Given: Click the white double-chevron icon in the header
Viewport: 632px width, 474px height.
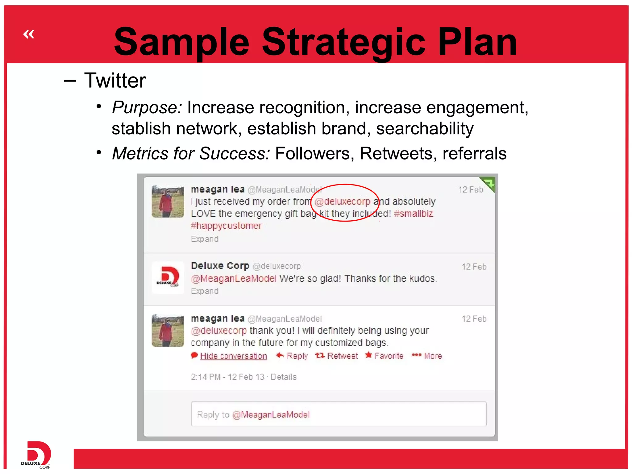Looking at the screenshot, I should tap(29, 34).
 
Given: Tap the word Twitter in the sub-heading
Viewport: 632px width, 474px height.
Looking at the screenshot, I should tap(115, 81).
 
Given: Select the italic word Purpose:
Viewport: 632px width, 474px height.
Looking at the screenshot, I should tap(147, 108).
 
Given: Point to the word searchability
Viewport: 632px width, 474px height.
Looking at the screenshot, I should tap(425, 128).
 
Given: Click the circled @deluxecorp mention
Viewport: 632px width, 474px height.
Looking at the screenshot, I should tap(343, 202).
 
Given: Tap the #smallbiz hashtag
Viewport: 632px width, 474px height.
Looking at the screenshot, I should tap(414, 214).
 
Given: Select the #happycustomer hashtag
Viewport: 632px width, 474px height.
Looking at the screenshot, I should tap(226, 226).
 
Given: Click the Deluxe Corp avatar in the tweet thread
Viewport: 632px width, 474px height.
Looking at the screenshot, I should tap(168, 277).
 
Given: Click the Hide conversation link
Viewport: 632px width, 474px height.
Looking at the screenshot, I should tap(233, 356).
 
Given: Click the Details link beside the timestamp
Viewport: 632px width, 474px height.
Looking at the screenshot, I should tap(284, 377).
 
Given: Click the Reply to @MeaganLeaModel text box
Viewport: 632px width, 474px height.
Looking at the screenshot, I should tap(339, 414).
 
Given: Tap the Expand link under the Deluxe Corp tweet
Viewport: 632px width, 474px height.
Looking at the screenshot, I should tap(205, 291).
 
